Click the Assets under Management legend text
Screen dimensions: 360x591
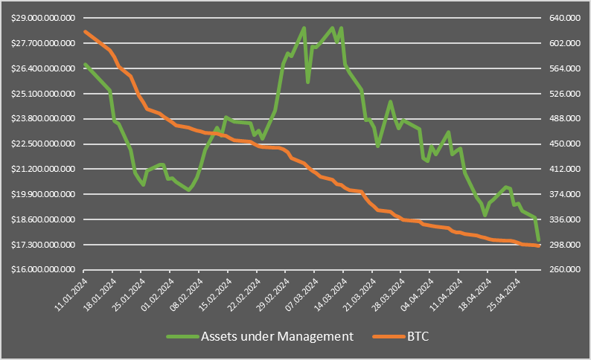click(x=277, y=336)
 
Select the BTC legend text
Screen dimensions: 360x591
click(x=418, y=336)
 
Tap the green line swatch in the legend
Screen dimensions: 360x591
click(x=182, y=337)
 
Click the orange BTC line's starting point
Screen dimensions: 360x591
click(x=85, y=31)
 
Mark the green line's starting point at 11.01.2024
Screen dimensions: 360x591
click(x=85, y=64)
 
